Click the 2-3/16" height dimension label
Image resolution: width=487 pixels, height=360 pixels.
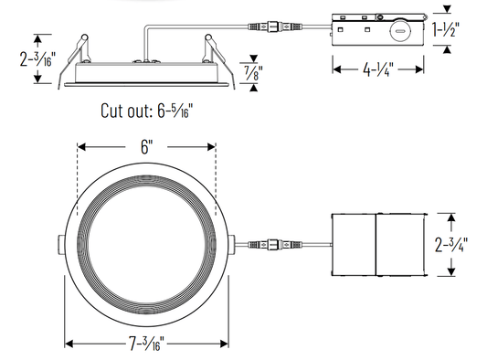37,59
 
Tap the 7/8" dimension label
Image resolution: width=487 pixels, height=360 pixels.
254,73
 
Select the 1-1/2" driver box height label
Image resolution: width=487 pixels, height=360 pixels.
446,29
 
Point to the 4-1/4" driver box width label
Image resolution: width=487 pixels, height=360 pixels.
378,69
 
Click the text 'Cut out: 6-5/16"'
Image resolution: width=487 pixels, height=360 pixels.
146,111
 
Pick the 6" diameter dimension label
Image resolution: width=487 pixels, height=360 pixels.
146,147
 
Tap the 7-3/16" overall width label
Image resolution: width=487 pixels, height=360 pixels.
146,344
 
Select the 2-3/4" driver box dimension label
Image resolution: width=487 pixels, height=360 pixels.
451,245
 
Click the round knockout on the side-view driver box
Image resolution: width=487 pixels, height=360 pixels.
400,31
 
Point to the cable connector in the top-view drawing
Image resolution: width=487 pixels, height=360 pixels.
274,244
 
